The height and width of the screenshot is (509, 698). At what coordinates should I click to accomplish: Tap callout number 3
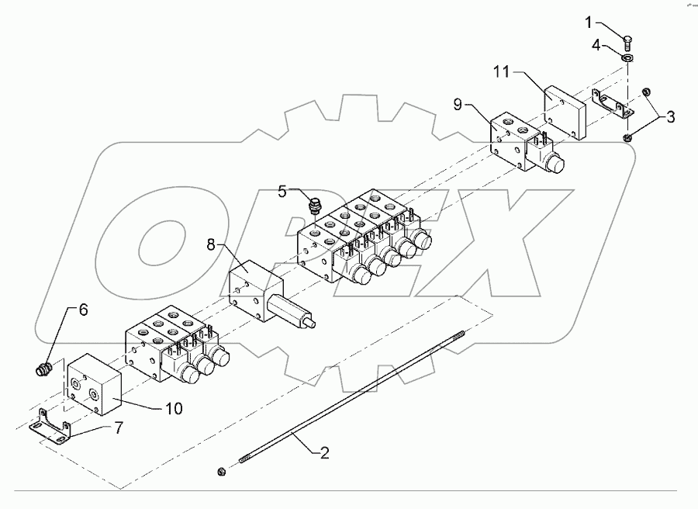pyautogui.click(x=669, y=117)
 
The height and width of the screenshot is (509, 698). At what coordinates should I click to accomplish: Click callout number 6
pyautogui.click(x=83, y=310)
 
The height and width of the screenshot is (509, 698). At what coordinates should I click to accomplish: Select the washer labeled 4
pyautogui.click(x=628, y=56)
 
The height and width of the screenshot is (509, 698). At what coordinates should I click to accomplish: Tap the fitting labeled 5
pyautogui.click(x=315, y=207)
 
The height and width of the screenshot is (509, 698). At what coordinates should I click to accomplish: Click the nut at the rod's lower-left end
pyautogui.click(x=221, y=471)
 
